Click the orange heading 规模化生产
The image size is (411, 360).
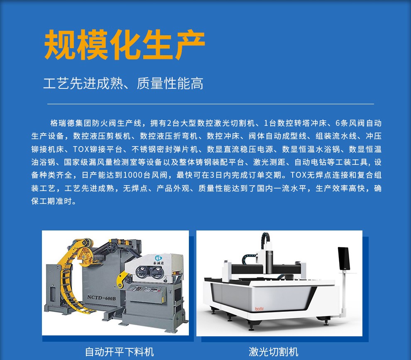point(124,44)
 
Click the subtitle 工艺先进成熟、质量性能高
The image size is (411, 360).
point(123,83)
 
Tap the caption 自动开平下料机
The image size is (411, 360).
point(119,352)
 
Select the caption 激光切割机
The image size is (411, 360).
point(274,352)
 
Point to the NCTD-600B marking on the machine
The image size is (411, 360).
point(101,297)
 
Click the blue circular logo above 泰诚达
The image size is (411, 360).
point(159,258)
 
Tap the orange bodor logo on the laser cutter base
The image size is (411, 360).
point(259,309)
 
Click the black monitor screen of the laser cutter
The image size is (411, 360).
point(344,259)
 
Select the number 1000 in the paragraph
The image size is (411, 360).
point(132,175)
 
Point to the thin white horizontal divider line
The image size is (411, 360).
point(210,104)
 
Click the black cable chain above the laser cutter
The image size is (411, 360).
point(265,240)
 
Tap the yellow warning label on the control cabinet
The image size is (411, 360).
point(163,299)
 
